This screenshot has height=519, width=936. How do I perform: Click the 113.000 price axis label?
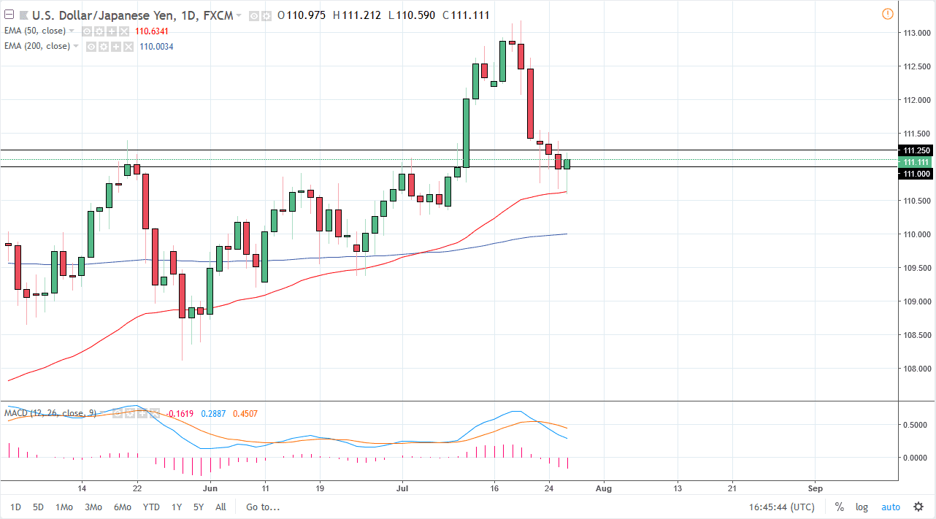pos(916,33)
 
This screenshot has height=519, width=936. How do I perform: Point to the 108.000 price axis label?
pos(916,369)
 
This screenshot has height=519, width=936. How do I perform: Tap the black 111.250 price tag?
pos(916,150)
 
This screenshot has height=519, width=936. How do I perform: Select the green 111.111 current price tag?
pos(916,162)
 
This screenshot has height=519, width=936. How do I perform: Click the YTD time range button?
pos(151,507)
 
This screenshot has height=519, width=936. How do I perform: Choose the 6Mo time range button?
pos(121,507)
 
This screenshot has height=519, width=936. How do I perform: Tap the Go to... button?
pos(263,507)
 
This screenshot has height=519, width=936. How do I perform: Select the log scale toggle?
pos(862,507)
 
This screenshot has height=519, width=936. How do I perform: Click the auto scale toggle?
pos(891,507)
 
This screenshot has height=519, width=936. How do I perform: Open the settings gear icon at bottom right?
pos(917,507)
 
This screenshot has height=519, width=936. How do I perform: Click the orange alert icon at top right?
pos(887,14)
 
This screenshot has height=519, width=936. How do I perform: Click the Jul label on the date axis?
pos(402,488)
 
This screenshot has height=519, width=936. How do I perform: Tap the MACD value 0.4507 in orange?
pos(245,414)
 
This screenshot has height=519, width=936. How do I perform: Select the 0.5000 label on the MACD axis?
pos(916,425)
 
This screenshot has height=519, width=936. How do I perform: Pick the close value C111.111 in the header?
pos(450,15)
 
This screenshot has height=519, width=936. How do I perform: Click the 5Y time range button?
pos(199,507)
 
